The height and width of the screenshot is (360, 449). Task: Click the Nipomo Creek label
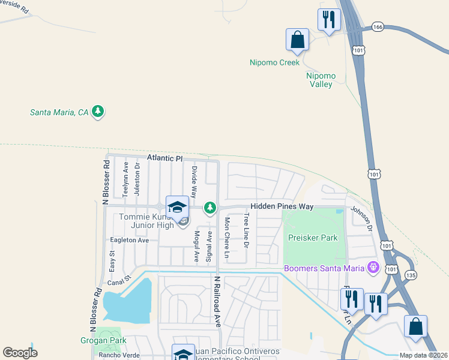tap(274, 62)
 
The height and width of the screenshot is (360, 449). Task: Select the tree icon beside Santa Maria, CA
tap(98, 112)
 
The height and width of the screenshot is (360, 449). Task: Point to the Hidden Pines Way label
tap(282, 206)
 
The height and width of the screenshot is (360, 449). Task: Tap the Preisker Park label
tap(313, 238)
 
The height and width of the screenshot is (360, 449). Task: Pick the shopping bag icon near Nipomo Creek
tap(297, 40)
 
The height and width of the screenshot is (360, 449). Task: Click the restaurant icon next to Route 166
tap(329, 19)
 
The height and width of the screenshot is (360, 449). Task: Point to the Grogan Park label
tap(103, 341)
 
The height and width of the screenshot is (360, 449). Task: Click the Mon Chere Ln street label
tap(227, 238)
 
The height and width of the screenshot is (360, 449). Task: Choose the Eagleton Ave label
tap(129, 240)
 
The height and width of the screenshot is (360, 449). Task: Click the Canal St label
tap(119, 280)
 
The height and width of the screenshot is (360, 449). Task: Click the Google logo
tap(20, 353)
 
